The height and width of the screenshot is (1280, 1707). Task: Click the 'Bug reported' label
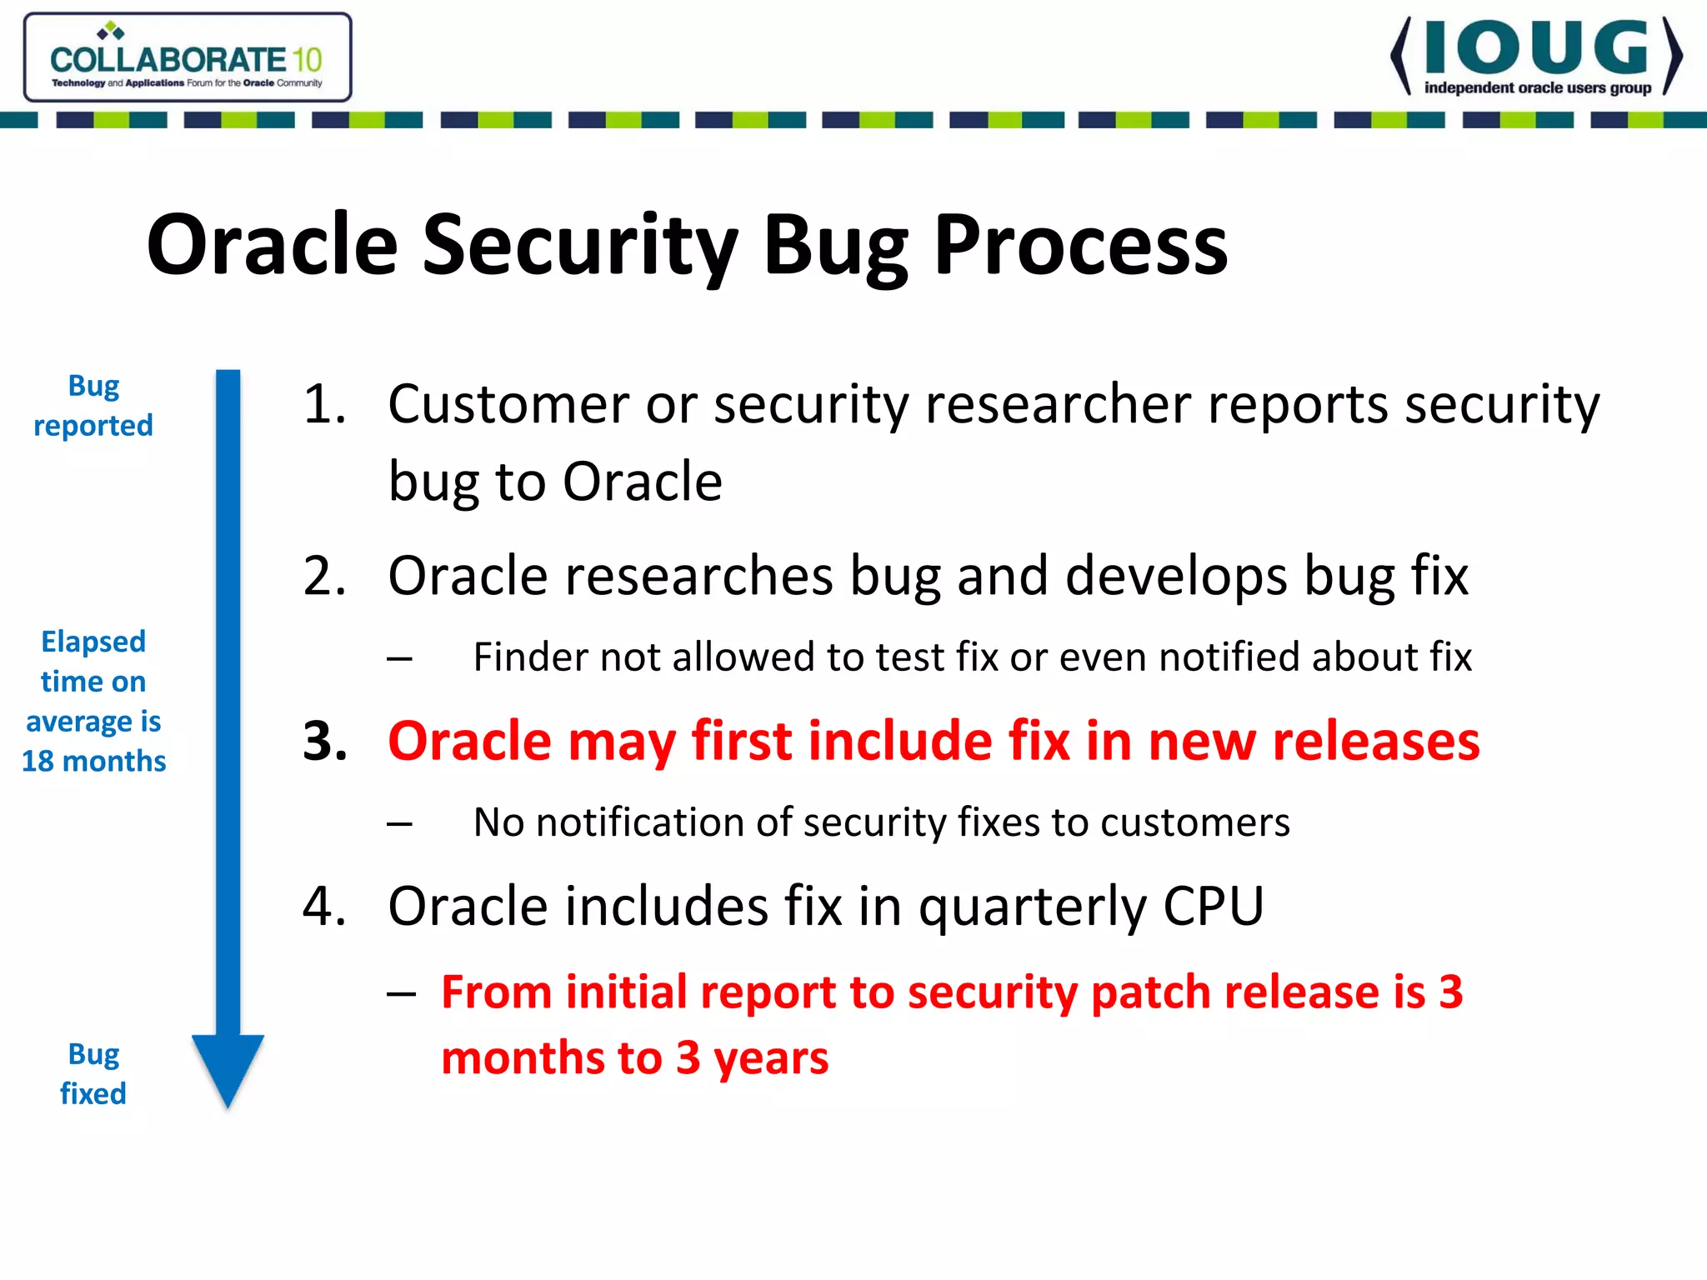click(x=93, y=406)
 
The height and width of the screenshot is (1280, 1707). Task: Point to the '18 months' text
click(x=93, y=761)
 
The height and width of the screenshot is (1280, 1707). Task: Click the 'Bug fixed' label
click(x=93, y=1074)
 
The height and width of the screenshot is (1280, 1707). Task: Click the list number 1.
click(x=324, y=405)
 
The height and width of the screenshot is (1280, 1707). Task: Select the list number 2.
click(x=324, y=576)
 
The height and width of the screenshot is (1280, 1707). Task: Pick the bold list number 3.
click(x=324, y=741)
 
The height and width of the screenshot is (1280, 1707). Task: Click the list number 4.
click(x=324, y=906)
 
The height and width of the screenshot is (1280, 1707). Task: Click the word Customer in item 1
click(x=508, y=405)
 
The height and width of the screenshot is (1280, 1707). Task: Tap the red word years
click(x=771, y=1059)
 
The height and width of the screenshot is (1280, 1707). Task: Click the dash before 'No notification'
click(x=399, y=825)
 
